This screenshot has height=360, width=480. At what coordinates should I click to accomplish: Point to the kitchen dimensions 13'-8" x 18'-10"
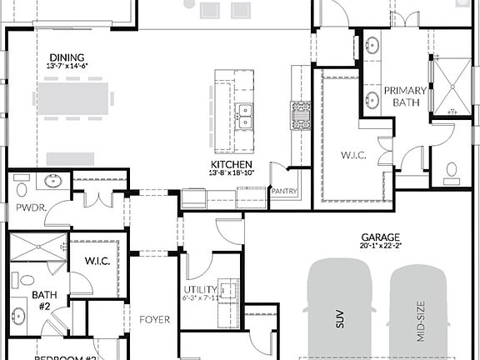point(232,173)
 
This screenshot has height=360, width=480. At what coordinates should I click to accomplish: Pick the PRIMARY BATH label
point(405,97)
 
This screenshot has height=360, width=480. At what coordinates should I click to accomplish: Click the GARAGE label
point(380,237)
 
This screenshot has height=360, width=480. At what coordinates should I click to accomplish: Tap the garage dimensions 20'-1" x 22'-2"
point(380,246)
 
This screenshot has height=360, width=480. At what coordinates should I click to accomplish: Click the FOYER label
point(155,318)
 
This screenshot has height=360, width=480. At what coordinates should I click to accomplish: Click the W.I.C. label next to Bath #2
point(98,261)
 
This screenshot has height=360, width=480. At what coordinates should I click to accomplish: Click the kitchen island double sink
point(244,115)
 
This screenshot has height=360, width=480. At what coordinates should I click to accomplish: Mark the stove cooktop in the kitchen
point(300,115)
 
